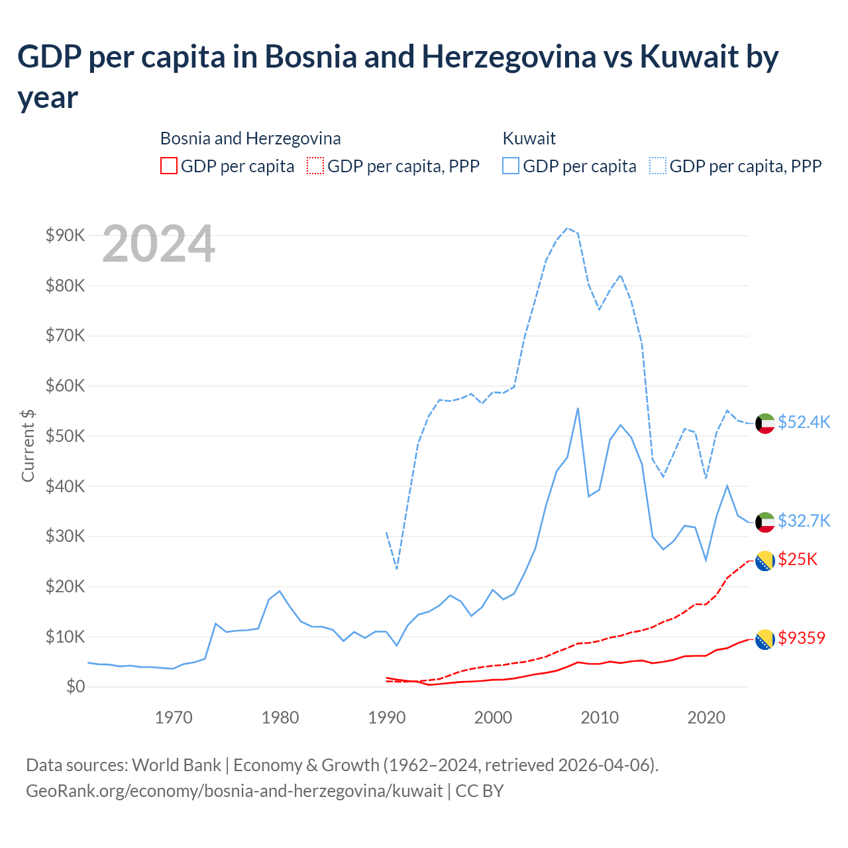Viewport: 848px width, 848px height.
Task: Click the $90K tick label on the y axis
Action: click(x=65, y=235)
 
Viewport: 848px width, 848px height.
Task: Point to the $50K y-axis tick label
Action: click(x=65, y=436)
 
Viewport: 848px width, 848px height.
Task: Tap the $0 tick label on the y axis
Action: click(x=76, y=686)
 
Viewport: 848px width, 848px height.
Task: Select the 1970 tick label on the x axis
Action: click(x=174, y=717)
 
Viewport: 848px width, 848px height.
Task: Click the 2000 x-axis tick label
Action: click(x=493, y=717)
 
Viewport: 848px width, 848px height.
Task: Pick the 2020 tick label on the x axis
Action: click(x=706, y=717)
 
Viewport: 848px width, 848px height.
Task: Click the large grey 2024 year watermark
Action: click(x=158, y=244)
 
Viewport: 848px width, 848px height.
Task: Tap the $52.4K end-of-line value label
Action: click(x=804, y=422)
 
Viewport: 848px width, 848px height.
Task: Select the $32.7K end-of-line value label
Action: click(x=804, y=521)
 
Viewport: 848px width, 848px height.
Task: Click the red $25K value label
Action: click(x=798, y=559)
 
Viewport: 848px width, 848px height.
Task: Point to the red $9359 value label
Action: click(x=802, y=638)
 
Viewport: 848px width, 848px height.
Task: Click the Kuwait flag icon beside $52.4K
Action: click(x=765, y=423)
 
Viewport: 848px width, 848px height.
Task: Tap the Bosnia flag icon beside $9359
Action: click(x=765, y=639)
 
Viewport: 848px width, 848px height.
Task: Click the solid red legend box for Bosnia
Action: click(x=169, y=166)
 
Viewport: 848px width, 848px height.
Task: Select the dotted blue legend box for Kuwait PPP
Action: click(x=658, y=166)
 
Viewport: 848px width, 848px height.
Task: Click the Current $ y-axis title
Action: click(x=28, y=445)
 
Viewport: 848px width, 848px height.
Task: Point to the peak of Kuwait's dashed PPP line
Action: click(x=567, y=228)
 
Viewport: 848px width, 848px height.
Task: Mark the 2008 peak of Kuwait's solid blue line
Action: click(x=578, y=408)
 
